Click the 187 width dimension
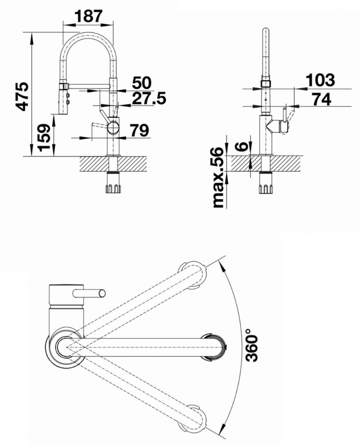(88, 16)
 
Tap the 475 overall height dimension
(22, 97)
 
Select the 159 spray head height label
(44, 138)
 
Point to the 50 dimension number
(141, 82)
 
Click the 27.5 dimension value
(149, 98)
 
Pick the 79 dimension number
(139, 131)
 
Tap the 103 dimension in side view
(320, 80)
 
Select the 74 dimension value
(321, 99)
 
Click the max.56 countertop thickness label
(218, 177)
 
